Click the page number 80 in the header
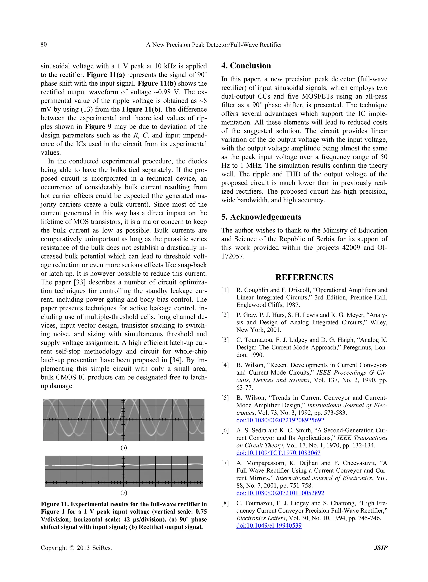pyautogui.click(x=43, y=44)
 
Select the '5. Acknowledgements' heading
pyautogui.click(x=261, y=217)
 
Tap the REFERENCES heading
pyautogui.click(x=304, y=277)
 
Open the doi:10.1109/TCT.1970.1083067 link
pyautogui.click(x=278, y=453)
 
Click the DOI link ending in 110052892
pyautogui.click(x=280, y=493)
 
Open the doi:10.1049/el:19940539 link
pyautogui.click(x=269, y=526)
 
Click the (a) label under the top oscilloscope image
pyautogui.click(x=124, y=448)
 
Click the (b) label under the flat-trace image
pyautogui.click(x=124, y=492)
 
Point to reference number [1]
pyautogui.click(x=225, y=290)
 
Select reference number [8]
pyautogui.click(x=225, y=504)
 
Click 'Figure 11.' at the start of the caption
pyautogui.click(x=55, y=504)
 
